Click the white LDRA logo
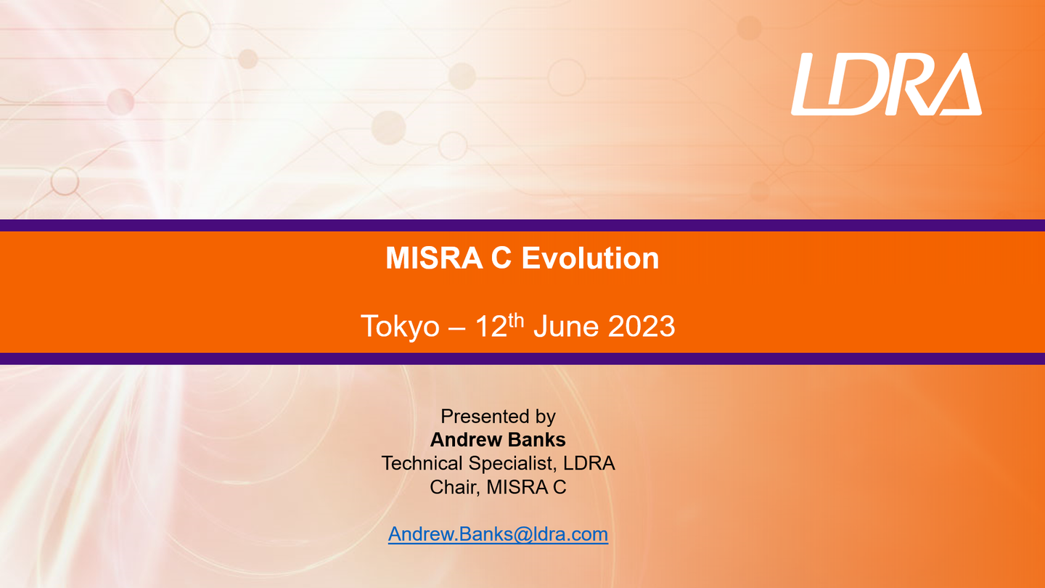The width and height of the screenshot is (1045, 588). pyautogui.click(x=886, y=84)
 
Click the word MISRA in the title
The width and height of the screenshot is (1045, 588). pyautogui.click(x=434, y=258)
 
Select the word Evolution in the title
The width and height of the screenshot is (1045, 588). pyautogui.click(x=590, y=258)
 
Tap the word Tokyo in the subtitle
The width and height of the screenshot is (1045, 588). pyautogui.click(x=400, y=326)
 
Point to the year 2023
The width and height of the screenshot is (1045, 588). pyautogui.click(x=642, y=326)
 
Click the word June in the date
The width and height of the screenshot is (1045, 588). pyautogui.click(x=566, y=326)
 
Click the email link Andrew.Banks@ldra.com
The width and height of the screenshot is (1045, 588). pyautogui.click(x=498, y=534)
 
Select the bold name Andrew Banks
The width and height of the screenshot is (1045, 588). pyautogui.click(x=498, y=440)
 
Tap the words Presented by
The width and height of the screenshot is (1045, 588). pyautogui.click(x=498, y=417)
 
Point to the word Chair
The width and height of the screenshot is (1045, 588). pyautogui.click(x=455, y=487)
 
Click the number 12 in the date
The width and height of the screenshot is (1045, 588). pyautogui.click(x=491, y=326)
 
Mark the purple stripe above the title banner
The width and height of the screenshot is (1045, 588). pyautogui.click(x=522, y=225)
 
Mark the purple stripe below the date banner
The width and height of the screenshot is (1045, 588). pyautogui.click(x=522, y=359)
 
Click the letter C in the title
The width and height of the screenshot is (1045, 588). pyautogui.click(x=501, y=258)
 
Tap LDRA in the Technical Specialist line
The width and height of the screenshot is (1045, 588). pyautogui.click(x=589, y=463)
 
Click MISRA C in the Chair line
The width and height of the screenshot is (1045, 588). pyautogui.click(x=526, y=487)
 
